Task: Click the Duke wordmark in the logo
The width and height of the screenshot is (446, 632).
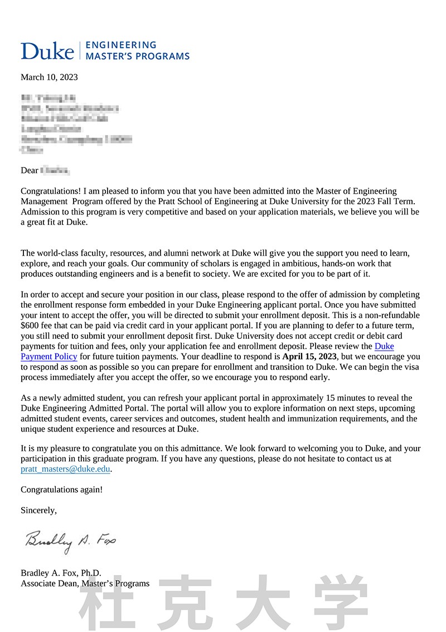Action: pos(47,51)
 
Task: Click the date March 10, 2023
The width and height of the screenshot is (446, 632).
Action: pos(49,77)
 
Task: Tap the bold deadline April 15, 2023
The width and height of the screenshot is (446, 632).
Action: pos(309,356)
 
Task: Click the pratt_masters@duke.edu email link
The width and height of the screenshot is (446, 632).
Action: pos(66,469)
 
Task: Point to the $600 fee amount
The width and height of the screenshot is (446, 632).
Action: pos(30,325)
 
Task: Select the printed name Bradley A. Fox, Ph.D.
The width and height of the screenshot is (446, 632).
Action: pos(61,573)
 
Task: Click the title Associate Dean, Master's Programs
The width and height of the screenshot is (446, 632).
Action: pos(85,583)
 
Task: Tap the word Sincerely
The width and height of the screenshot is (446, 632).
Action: pos(38,510)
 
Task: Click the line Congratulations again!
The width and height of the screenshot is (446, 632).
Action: pos(61,490)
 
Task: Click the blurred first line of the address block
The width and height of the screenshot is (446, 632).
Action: pos(48,98)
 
